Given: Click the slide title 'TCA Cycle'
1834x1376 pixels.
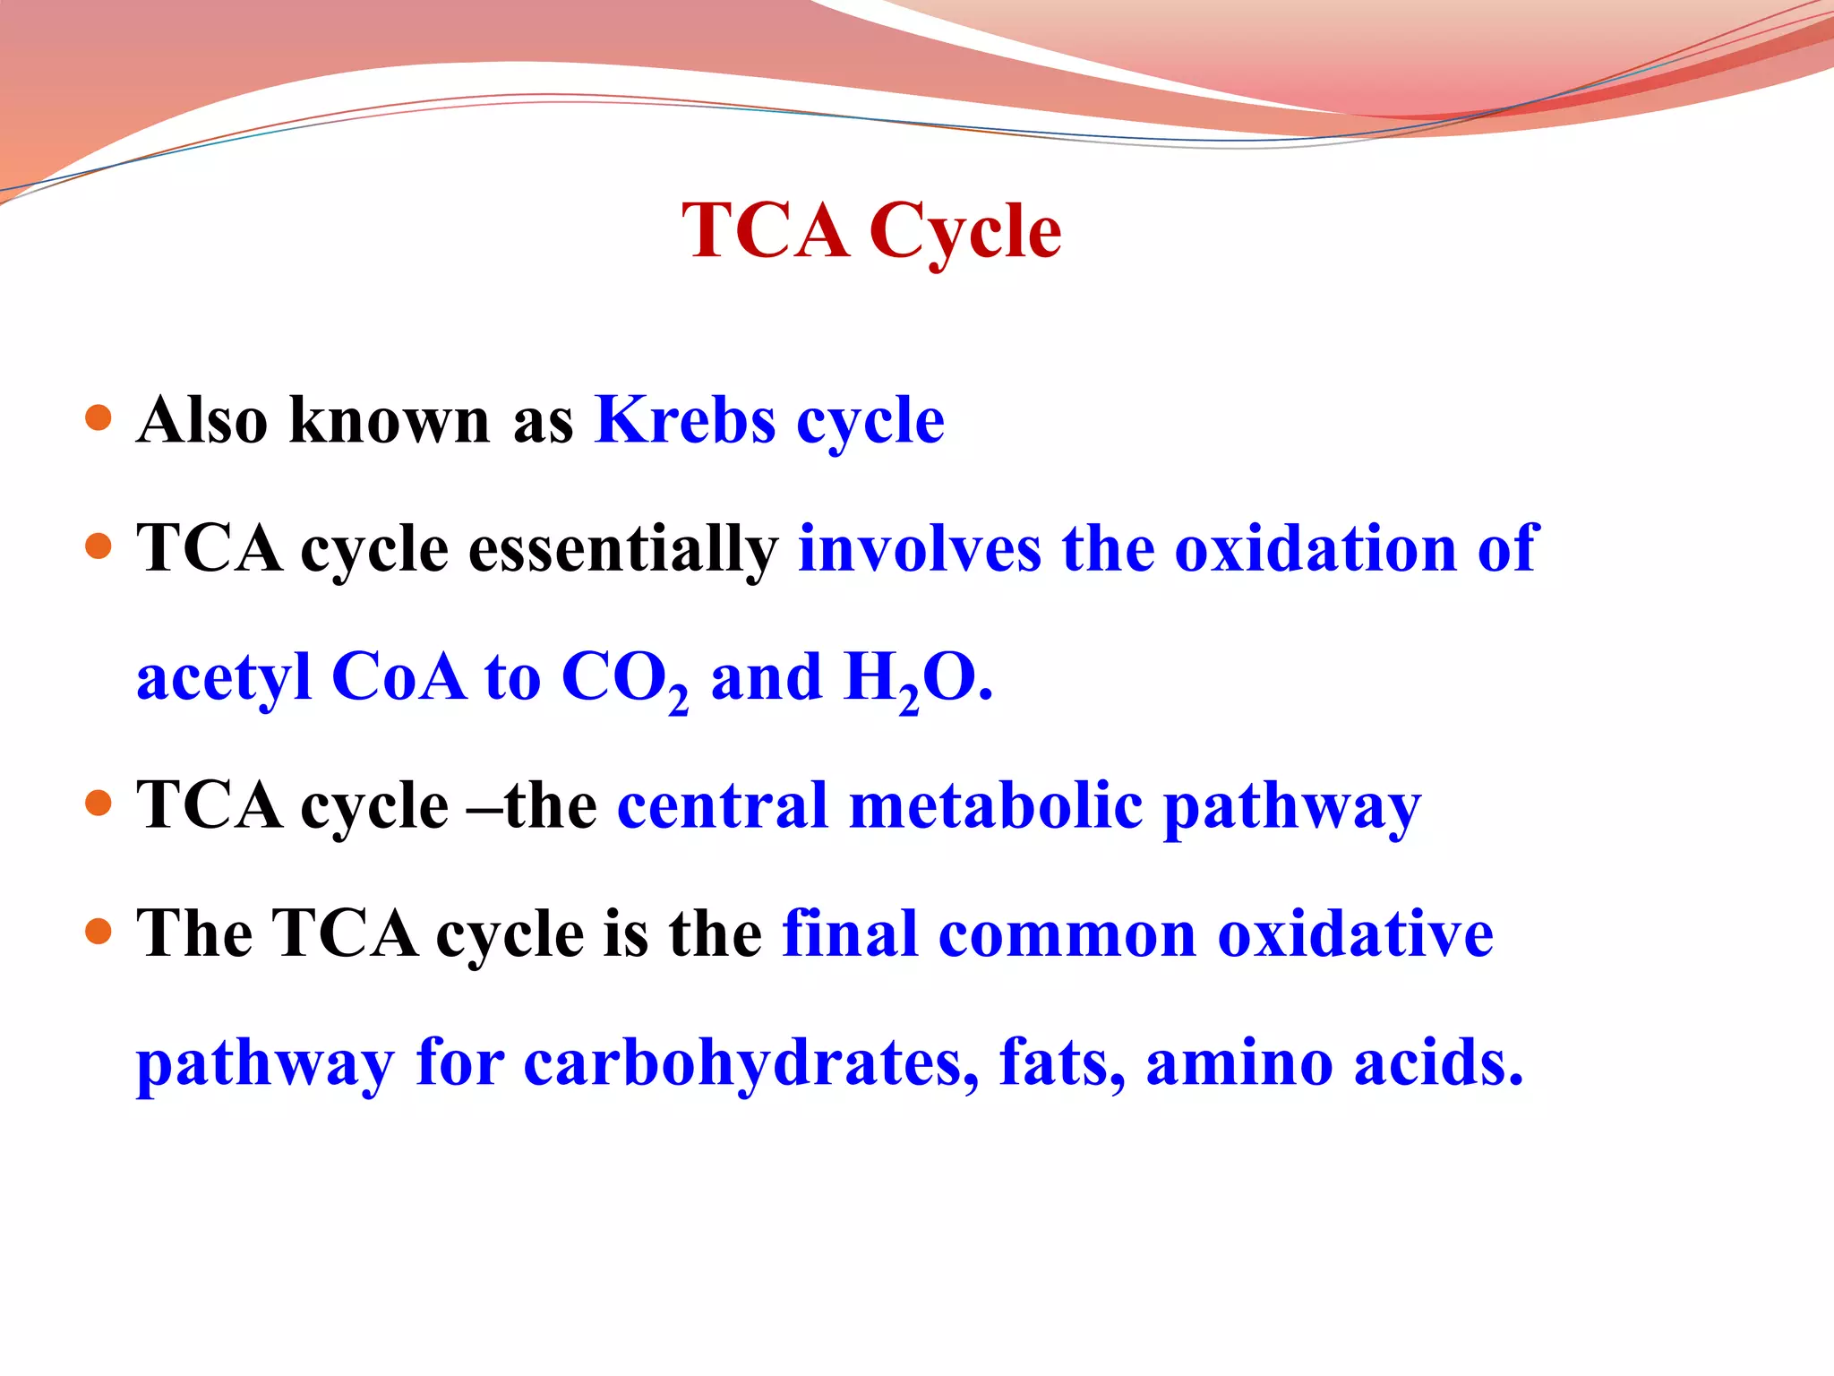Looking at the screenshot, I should (871, 231).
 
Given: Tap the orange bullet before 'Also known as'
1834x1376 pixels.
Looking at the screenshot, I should (99, 417).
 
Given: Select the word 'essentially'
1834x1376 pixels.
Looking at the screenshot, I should (623, 549).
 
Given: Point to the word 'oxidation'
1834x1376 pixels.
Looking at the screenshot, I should (1315, 547).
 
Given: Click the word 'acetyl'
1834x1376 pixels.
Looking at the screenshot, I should (224, 678).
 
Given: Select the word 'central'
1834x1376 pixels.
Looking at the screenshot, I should (723, 804).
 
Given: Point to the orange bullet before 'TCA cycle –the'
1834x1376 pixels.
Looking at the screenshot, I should (99, 803).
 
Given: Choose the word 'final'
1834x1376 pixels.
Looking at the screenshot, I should (850, 933).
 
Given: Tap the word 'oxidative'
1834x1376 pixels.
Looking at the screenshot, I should (1355, 933).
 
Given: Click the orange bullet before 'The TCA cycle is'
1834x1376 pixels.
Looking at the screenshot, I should (99, 932).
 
